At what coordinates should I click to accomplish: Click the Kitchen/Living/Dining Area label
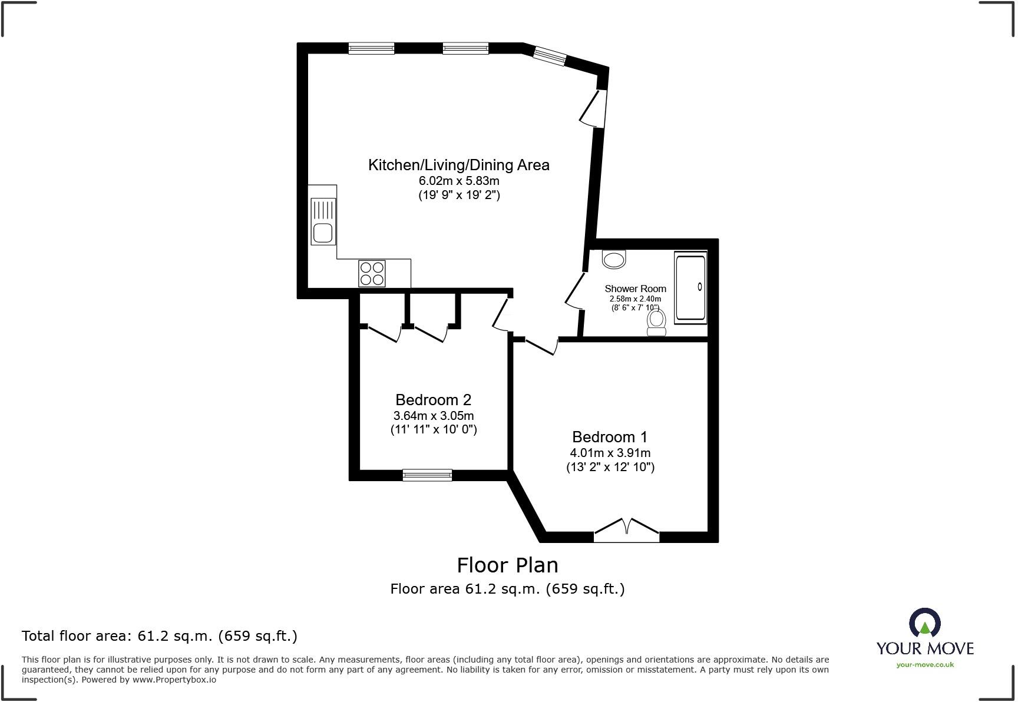[x=458, y=165]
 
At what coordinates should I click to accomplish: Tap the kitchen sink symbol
[x=323, y=221]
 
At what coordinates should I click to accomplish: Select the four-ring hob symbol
[x=372, y=273]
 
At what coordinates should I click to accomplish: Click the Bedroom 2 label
[x=433, y=400]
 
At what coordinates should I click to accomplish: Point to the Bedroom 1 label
[x=609, y=437]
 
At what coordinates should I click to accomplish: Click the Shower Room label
[x=635, y=289]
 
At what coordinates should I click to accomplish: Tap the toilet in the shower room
[x=656, y=322]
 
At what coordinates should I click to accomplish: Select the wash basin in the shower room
[x=614, y=259]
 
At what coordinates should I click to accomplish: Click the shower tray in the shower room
[x=690, y=288]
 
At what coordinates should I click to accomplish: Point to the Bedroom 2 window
[x=427, y=475]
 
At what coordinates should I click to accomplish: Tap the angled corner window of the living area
[x=549, y=56]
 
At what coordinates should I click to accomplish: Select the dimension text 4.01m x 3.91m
[x=610, y=453]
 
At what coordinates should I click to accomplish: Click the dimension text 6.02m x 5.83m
[x=458, y=181]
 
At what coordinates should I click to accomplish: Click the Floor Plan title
[x=507, y=565]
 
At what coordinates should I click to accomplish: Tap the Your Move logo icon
[x=924, y=623]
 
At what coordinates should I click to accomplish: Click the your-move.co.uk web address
[x=924, y=665]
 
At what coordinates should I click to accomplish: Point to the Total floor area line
[x=159, y=636]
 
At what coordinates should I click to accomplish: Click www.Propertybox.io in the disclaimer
[x=174, y=680]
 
